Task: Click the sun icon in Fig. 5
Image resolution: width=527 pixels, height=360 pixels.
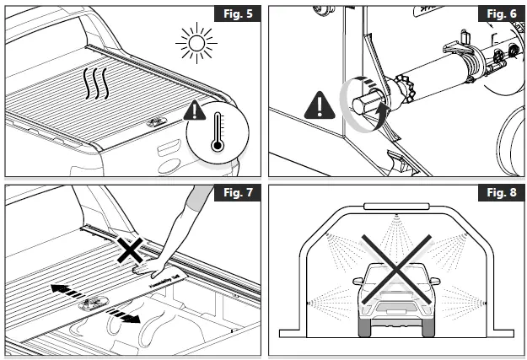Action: point(195,42)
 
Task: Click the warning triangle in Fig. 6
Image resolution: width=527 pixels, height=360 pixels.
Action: point(319,105)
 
